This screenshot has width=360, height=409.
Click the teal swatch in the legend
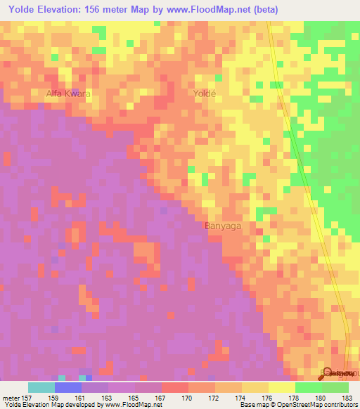41,387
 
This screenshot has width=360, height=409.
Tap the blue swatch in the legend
67,387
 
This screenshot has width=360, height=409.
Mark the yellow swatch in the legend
281,387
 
